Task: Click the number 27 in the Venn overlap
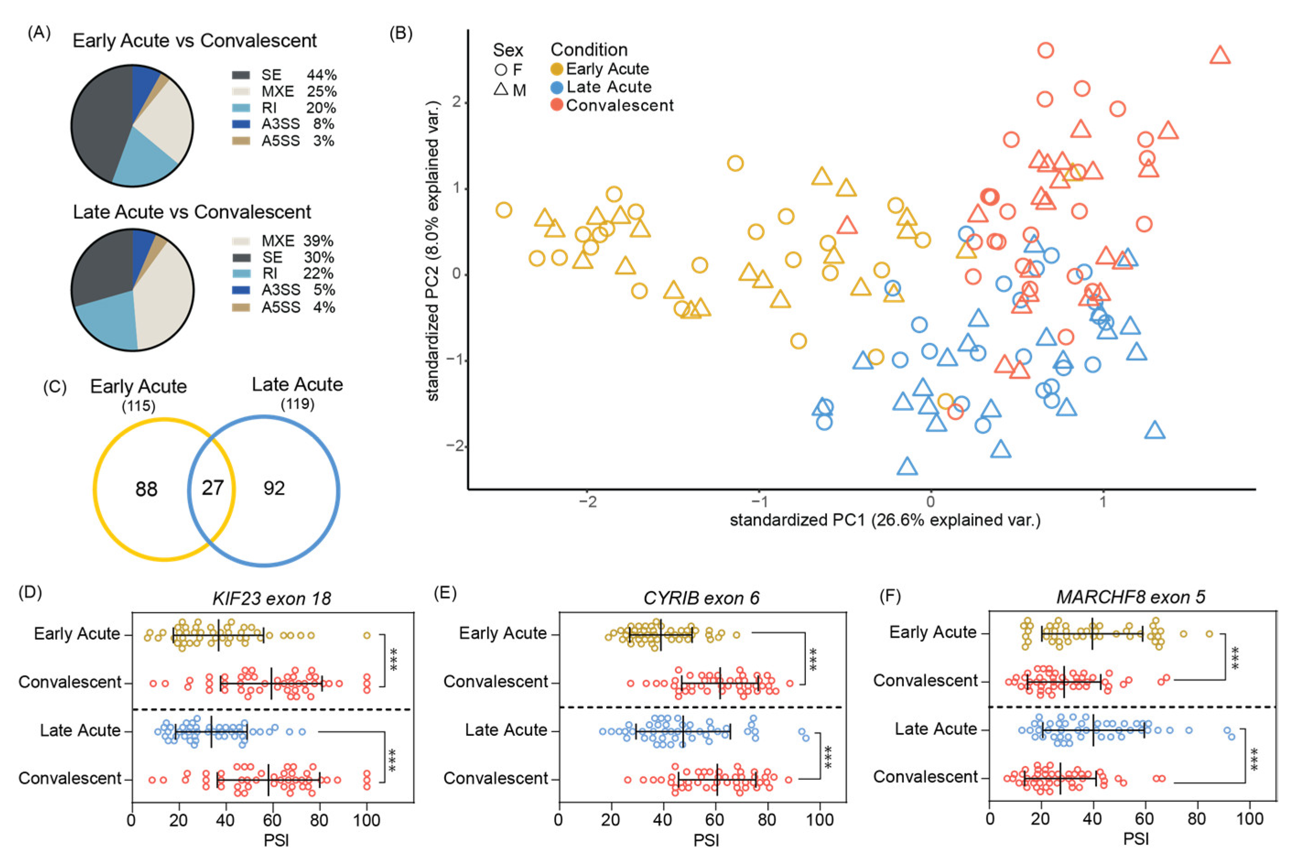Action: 213,488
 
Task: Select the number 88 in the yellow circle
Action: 146,489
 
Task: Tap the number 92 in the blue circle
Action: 274,488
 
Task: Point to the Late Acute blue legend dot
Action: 557,87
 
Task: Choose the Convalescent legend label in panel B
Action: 619,105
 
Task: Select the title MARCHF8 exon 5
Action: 1130,597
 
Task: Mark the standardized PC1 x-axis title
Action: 885,520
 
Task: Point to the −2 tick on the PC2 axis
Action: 455,446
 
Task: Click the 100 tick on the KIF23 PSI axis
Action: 366,821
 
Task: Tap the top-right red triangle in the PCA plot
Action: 1220,56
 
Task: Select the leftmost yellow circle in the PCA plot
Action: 503,210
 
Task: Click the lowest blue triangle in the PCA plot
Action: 907,467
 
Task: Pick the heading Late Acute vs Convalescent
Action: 192,212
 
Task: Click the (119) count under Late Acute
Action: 297,405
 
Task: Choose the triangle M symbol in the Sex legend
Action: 501,89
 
